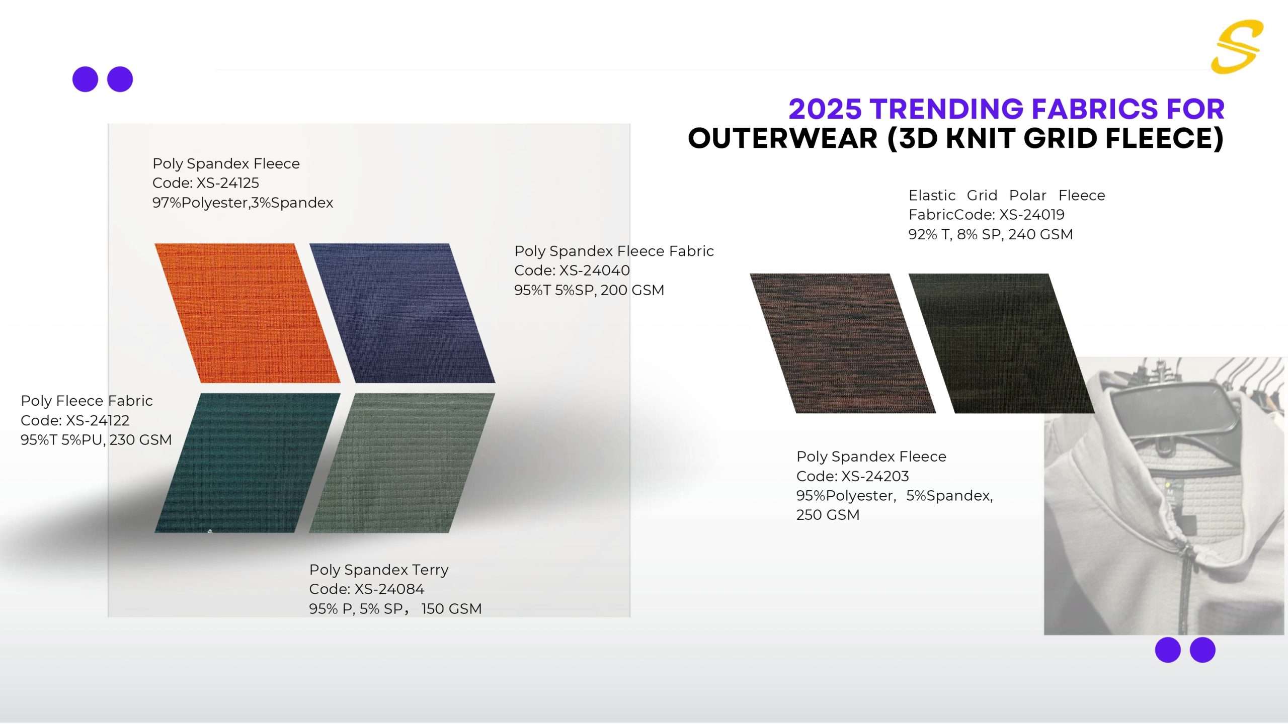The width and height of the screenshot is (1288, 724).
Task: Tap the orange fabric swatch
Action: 247,313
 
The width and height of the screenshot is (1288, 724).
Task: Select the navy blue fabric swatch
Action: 402,313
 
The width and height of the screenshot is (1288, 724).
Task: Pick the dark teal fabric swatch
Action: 247,463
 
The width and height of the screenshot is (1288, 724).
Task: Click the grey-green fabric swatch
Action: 402,463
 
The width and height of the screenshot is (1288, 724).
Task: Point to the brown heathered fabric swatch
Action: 843,343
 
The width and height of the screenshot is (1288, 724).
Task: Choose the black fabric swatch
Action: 1001,343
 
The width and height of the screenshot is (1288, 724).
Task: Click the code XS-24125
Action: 227,183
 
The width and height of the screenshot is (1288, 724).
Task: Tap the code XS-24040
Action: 595,270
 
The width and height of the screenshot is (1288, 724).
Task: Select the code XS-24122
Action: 98,420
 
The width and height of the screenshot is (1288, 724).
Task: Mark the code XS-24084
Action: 389,589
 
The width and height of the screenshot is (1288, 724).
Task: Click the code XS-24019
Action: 1032,215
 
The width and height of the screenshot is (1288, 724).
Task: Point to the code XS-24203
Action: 875,476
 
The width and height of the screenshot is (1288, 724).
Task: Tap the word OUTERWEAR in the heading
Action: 783,138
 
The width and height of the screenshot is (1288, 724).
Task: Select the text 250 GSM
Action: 828,515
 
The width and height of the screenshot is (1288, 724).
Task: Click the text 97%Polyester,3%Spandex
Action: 243,203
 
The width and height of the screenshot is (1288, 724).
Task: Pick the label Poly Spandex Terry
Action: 379,570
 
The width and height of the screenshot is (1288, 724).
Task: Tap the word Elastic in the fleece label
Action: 932,195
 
